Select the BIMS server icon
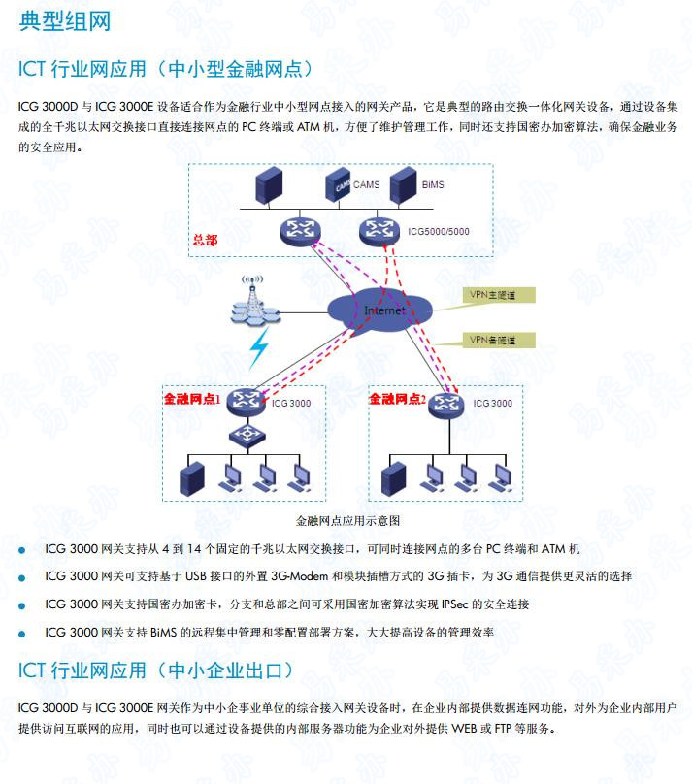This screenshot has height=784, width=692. [403, 184]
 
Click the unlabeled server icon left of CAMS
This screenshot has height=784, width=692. [268, 185]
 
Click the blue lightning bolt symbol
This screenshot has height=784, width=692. [259, 347]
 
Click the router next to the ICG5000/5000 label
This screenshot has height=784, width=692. [379, 231]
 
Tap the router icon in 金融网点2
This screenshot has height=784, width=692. [448, 403]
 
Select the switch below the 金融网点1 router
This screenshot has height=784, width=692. [247, 433]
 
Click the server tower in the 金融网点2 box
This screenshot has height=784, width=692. [393, 476]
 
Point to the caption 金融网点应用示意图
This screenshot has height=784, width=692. [347, 520]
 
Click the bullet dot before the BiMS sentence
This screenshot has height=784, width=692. [22, 633]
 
